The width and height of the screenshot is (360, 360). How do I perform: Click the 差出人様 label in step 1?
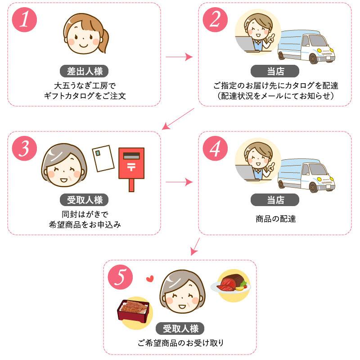[84, 71]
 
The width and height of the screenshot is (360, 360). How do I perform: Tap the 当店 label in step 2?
[274, 71]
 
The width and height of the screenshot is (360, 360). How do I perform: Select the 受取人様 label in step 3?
[84, 200]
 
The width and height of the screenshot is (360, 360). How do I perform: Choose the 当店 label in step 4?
[274, 200]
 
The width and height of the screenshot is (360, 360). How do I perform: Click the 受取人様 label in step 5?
[180, 328]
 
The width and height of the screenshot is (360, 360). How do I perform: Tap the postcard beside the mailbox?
[103, 158]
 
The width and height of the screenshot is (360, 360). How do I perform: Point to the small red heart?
[150, 279]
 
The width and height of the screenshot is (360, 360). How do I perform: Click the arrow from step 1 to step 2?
[179, 57]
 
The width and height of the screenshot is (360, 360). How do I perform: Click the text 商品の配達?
[274, 219]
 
